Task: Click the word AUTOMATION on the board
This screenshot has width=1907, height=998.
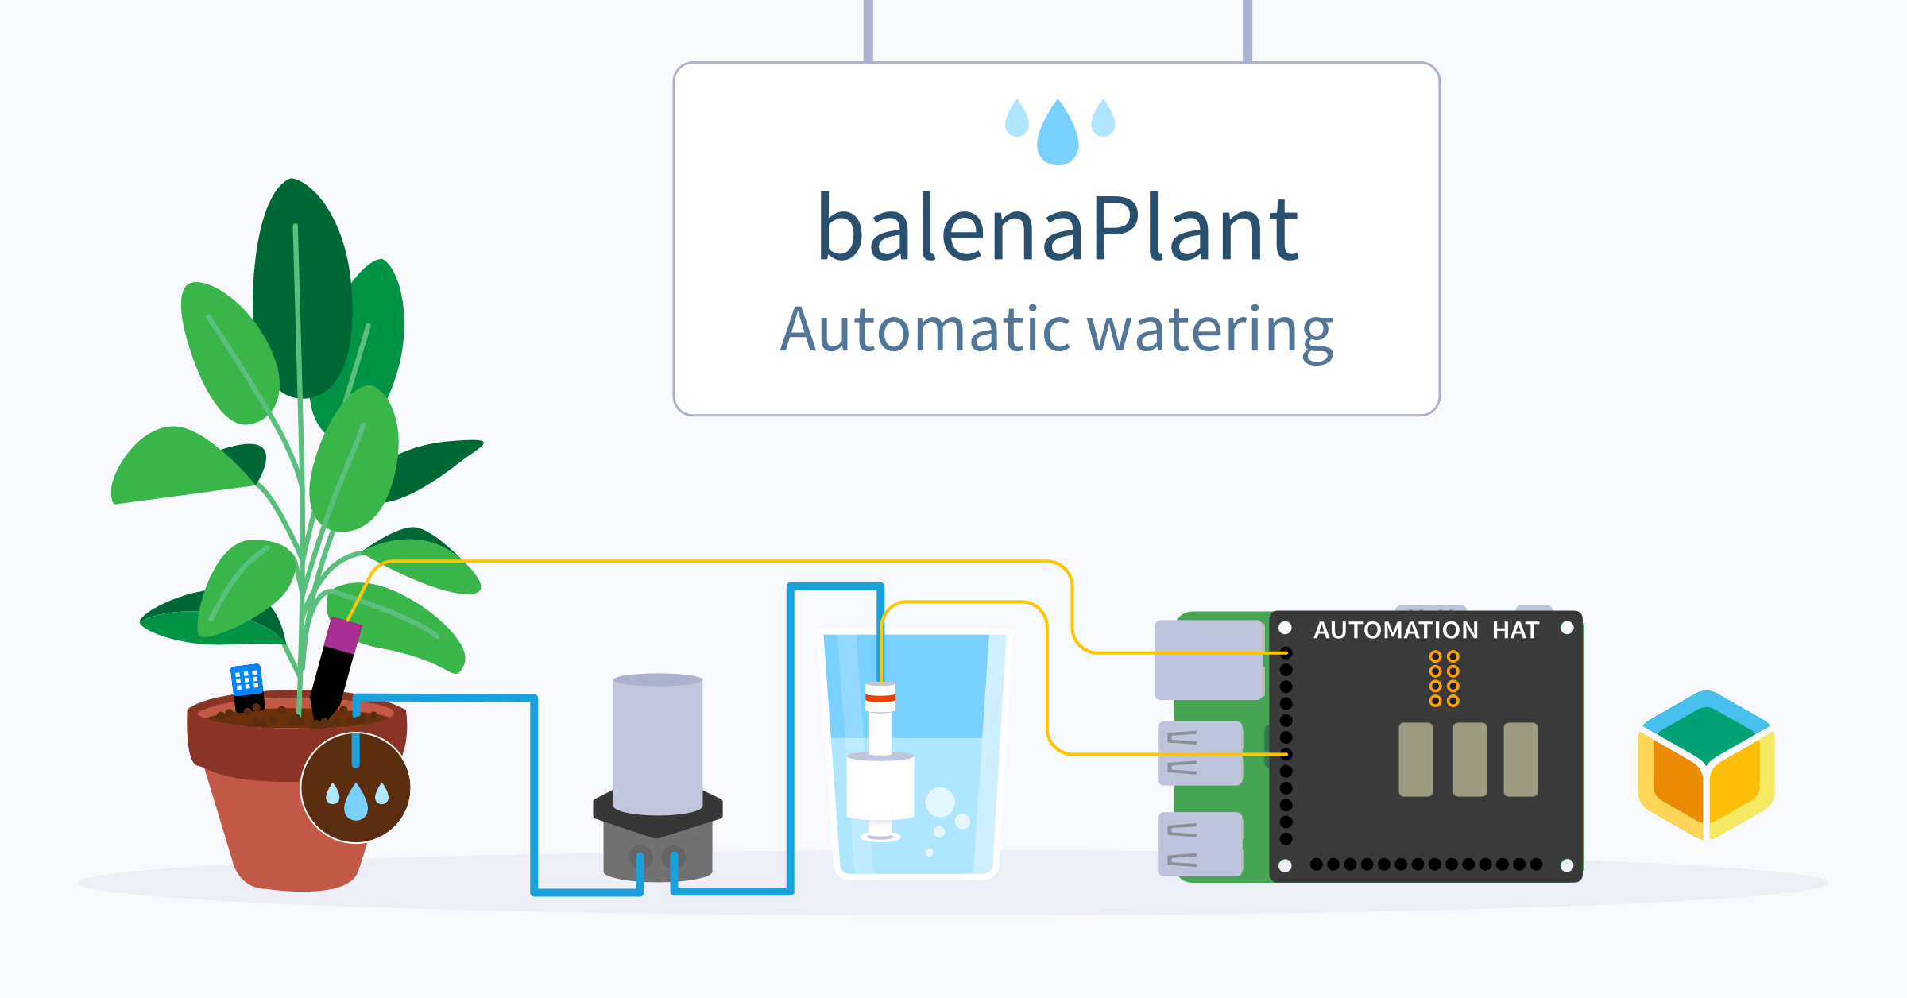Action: [1395, 630]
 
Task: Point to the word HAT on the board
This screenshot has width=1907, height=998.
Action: [1515, 630]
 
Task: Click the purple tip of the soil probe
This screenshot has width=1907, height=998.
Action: [343, 635]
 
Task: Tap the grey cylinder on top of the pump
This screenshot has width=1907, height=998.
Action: [658, 744]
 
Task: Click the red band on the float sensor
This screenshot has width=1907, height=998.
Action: [880, 698]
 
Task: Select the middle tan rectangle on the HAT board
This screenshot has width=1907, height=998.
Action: [1469, 759]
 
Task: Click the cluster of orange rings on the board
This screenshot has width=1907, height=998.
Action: [1444, 678]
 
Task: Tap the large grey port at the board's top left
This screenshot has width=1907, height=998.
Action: [1209, 660]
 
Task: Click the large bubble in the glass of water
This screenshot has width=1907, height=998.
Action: [940, 802]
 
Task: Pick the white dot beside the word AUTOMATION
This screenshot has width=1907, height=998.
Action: [1285, 629]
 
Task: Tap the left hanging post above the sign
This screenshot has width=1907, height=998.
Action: [868, 30]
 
